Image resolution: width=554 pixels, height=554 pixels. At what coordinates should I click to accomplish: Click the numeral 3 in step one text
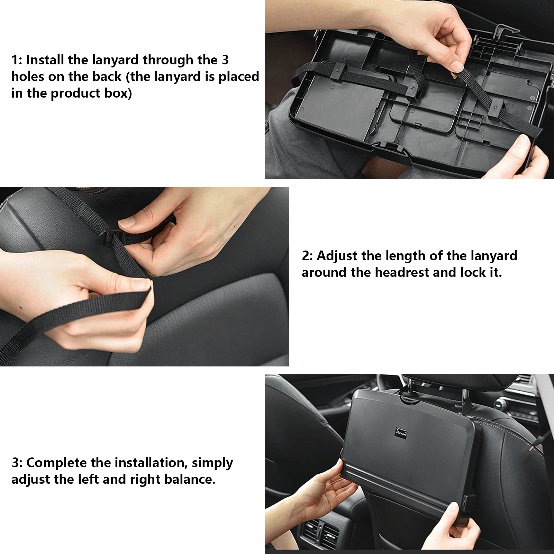(225, 60)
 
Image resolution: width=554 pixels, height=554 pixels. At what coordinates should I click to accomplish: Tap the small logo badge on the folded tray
(401, 432)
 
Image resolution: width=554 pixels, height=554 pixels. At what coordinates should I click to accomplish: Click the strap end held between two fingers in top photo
(457, 69)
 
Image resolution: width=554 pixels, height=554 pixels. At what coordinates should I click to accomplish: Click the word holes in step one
(28, 76)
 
